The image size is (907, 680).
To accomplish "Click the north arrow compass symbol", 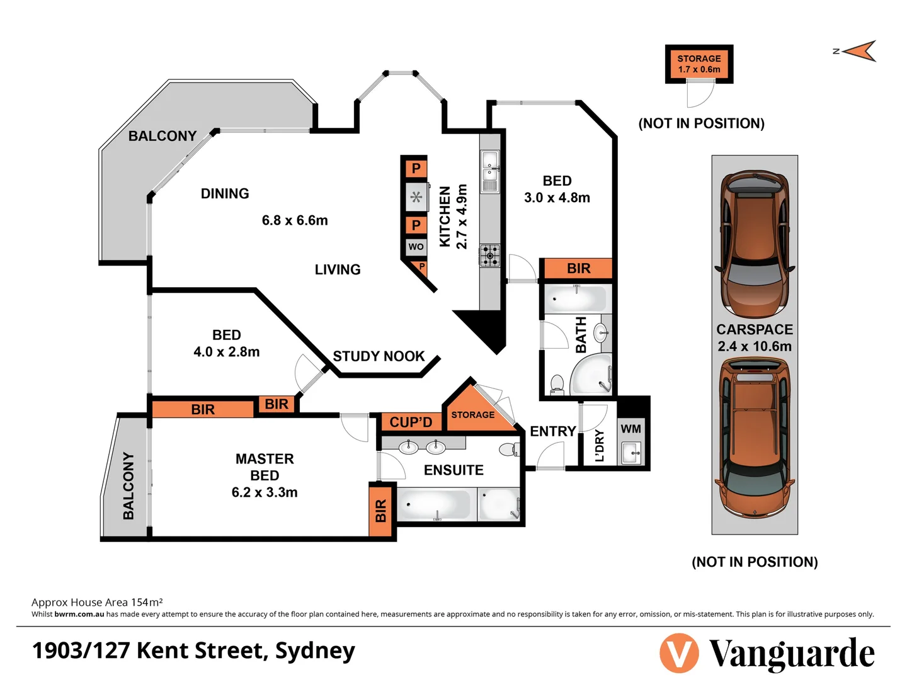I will coord(859,51).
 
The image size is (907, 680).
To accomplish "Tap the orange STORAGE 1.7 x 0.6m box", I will coord(699,64).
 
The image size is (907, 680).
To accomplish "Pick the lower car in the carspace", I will coord(755,438).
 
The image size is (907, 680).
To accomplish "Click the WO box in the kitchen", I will coord(416,246).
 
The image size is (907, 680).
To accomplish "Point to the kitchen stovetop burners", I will coord(490,256).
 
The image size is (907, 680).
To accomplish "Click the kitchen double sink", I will coord(490,171).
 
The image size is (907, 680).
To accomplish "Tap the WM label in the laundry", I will coord(630,429).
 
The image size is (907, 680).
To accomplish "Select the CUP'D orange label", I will coord(411,422).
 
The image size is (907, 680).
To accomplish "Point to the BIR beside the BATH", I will coord(578,269).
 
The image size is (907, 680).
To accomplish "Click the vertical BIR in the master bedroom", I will coord(380,511).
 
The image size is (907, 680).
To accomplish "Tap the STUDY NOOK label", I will coord(379,356).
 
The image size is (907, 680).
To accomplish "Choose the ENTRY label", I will coord(552,431).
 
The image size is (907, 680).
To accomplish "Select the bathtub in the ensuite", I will coord(435,505).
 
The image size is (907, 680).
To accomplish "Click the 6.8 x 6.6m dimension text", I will coord(295,220).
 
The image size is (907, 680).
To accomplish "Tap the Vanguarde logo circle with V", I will coord(679,654).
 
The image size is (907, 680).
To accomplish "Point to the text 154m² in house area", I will coord(147,602).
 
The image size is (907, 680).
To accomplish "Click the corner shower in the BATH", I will coord(593,377).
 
